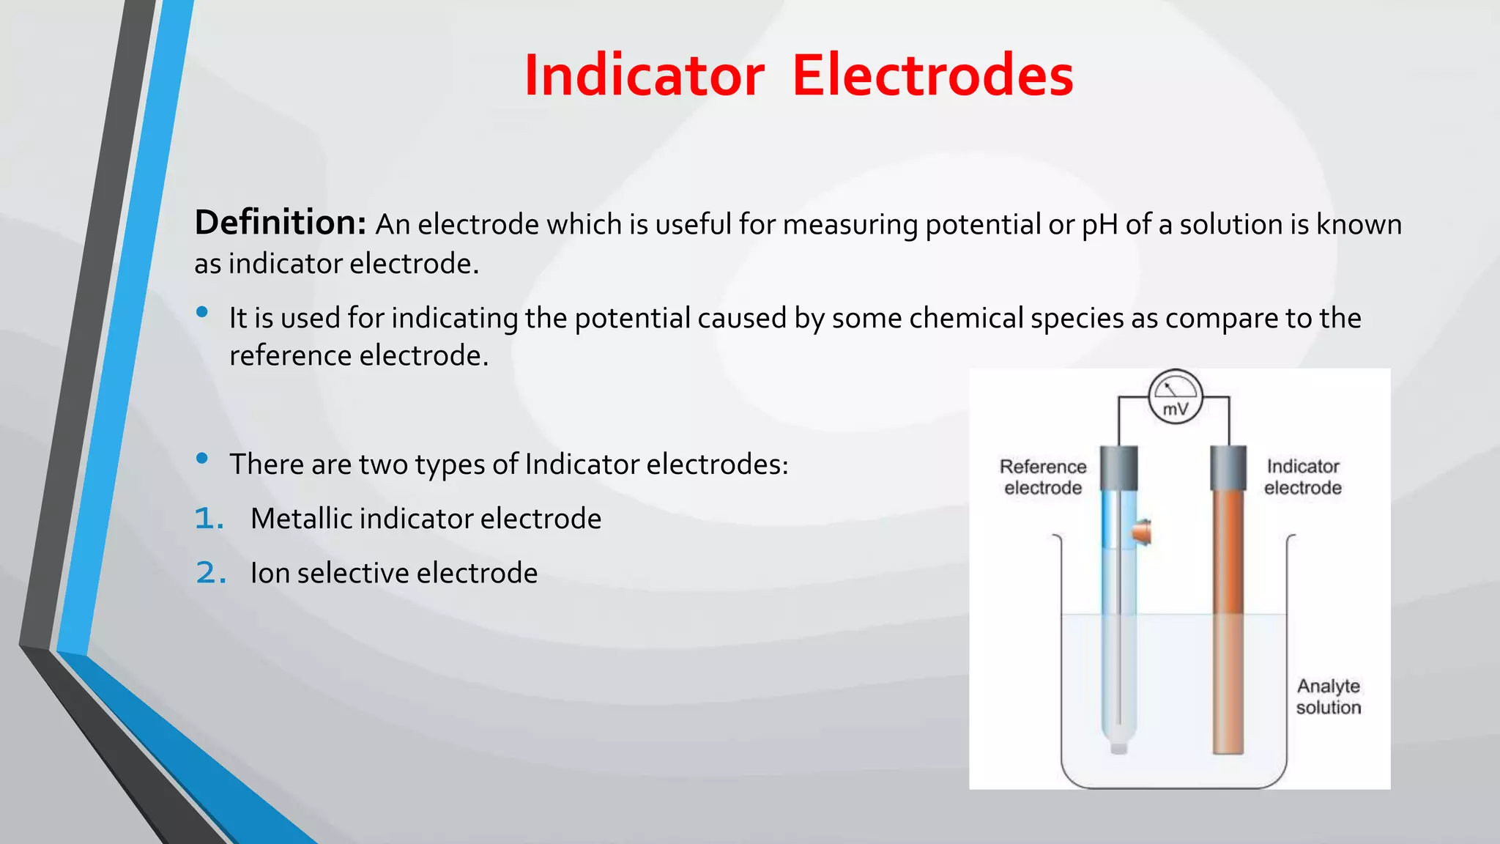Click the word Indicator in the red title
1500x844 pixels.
[644, 75]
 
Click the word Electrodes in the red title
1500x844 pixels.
[932, 75]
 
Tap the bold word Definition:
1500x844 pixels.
[280, 223]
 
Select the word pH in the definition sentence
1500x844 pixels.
[1099, 225]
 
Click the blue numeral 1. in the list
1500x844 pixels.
[209, 519]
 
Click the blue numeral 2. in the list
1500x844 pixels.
[211, 573]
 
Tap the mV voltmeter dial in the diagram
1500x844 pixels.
[1175, 397]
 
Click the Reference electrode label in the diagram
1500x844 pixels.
[1043, 477]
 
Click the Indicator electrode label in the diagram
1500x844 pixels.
[1303, 477]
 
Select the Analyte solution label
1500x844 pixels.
[1329, 696]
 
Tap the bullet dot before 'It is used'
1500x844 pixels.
[202, 313]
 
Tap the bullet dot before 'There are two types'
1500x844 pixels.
[202, 459]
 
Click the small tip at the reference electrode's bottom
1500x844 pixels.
[1118, 747]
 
